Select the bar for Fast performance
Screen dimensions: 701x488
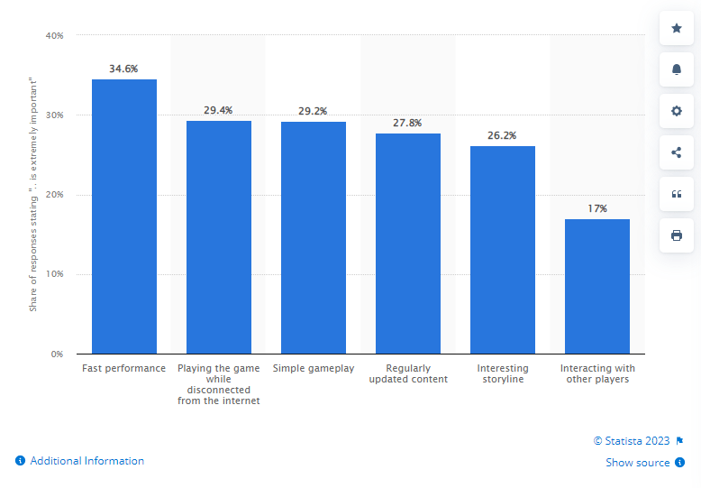pos(124,216)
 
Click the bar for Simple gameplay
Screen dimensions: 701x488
pos(314,238)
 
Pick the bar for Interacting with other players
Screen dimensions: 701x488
pos(597,287)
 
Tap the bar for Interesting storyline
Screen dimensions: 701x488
pos(503,250)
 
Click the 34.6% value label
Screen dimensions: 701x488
pos(123,69)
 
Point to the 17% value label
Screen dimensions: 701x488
pos(597,208)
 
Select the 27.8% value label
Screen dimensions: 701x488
pos(407,123)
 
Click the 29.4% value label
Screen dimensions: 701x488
pos(218,111)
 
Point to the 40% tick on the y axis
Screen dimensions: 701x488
pos(55,35)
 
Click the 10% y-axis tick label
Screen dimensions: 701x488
pos(55,274)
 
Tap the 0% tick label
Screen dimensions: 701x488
pos(58,354)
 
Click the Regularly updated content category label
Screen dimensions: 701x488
pos(408,373)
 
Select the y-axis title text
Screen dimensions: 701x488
pos(33,194)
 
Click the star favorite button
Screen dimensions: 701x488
pos(677,28)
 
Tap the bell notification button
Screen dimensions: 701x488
pos(677,69)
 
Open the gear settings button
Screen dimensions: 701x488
pos(677,111)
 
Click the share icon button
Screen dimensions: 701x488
pos(677,152)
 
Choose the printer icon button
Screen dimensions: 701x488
pos(677,235)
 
